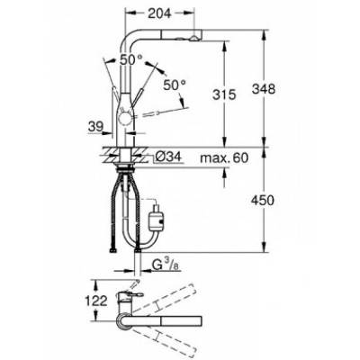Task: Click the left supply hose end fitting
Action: [114, 249]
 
